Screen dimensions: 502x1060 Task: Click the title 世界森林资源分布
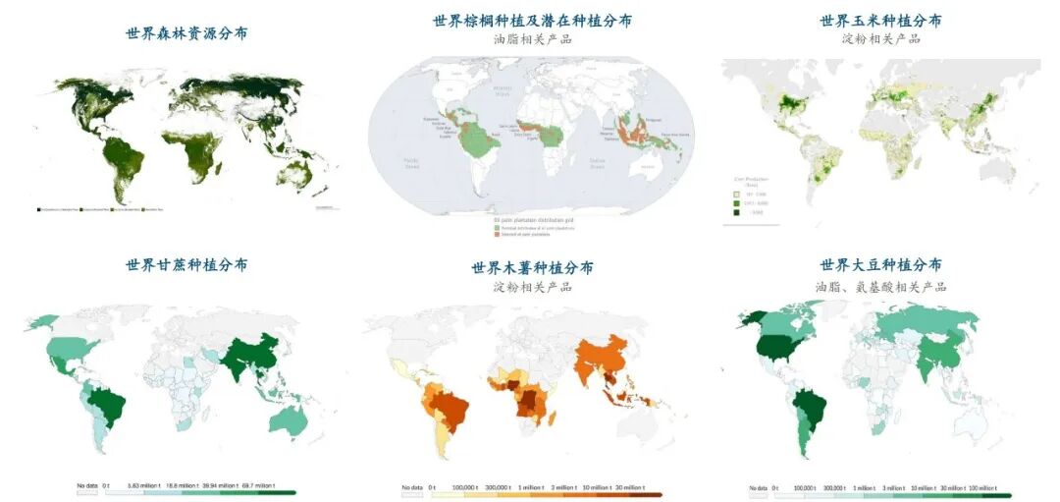[x=186, y=33]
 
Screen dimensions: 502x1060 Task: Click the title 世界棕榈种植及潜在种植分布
[x=532, y=21]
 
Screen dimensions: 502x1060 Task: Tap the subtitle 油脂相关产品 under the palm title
[x=532, y=40]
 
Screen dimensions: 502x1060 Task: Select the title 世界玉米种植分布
[x=880, y=21]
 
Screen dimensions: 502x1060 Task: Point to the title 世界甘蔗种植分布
[x=186, y=265]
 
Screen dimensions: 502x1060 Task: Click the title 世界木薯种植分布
[x=532, y=268]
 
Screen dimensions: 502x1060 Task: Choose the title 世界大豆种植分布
[x=880, y=265]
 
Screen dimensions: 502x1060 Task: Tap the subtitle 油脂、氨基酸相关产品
[x=880, y=287]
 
